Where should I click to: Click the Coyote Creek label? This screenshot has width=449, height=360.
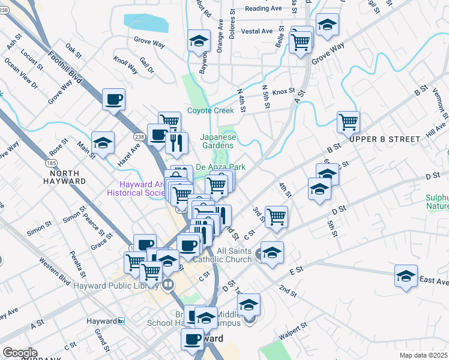[x=210, y=110]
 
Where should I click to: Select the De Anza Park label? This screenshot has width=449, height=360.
[x=221, y=167]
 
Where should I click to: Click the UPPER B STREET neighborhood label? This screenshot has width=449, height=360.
[x=385, y=139]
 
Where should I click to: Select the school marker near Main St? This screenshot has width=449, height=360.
[x=103, y=143]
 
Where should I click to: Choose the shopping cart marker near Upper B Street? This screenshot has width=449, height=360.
[x=348, y=122]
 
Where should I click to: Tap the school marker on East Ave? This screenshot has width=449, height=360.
[x=406, y=276]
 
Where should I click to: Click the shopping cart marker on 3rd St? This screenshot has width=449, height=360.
[x=276, y=217]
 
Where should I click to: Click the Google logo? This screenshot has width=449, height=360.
[x=20, y=353]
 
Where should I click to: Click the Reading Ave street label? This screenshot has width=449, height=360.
[x=264, y=9]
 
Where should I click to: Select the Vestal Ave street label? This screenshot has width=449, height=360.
[x=257, y=31]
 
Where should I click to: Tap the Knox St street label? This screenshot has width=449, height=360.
[x=283, y=92]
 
